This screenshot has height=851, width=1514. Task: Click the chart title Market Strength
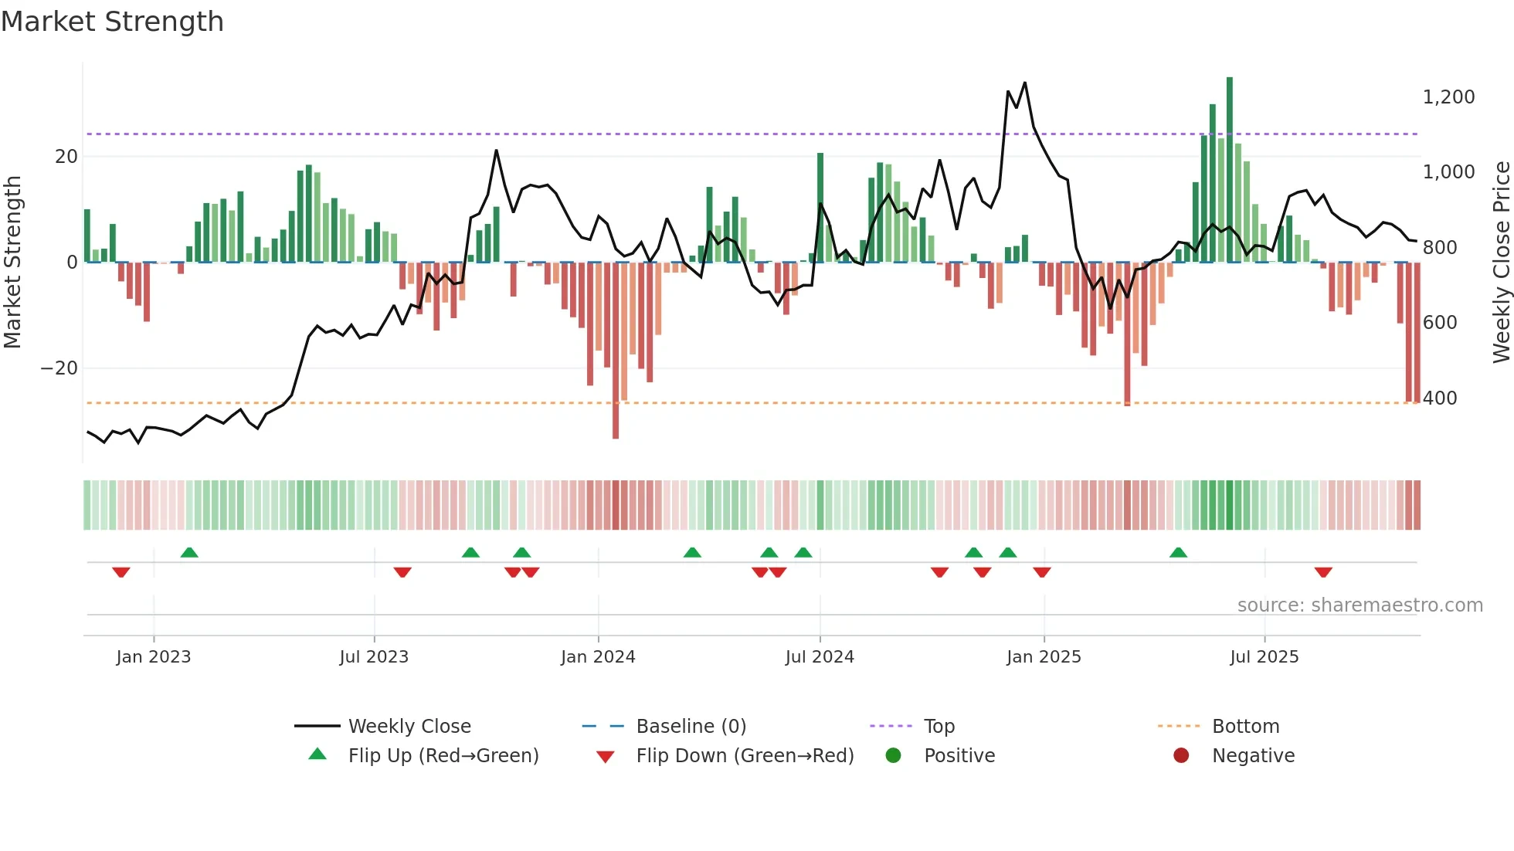click(x=112, y=22)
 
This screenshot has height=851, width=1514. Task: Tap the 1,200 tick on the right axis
click(x=1448, y=97)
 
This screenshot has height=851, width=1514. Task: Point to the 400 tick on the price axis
click(x=1440, y=398)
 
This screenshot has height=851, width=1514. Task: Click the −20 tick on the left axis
click(x=59, y=368)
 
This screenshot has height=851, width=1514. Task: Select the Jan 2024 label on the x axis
click(x=598, y=657)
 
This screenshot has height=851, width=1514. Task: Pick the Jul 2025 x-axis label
click(x=1264, y=657)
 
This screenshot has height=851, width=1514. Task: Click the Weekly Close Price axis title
click(x=1501, y=262)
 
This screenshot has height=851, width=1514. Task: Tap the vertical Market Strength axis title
click(x=13, y=262)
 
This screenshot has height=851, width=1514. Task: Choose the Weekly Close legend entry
click(x=409, y=727)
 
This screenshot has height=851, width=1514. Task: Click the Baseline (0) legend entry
click(x=691, y=727)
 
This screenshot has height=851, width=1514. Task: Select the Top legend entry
click(x=939, y=727)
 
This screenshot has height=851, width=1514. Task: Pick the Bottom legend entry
click(x=1245, y=727)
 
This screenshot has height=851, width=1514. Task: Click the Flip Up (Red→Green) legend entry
click(x=443, y=756)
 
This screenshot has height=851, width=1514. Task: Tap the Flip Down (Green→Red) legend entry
click(x=745, y=756)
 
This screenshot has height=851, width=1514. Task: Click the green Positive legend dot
click(x=894, y=756)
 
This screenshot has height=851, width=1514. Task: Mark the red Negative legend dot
click(x=1181, y=756)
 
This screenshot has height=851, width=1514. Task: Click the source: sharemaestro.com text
click(x=1360, y=605)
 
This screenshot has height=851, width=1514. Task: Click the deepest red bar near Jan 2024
click(x=616, y=351)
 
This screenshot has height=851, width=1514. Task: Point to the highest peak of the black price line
click(x=1025, y=83)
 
